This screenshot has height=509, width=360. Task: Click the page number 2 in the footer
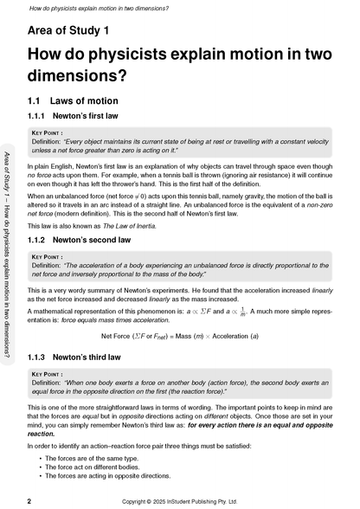pyautogui.click(x=30, y=501)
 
